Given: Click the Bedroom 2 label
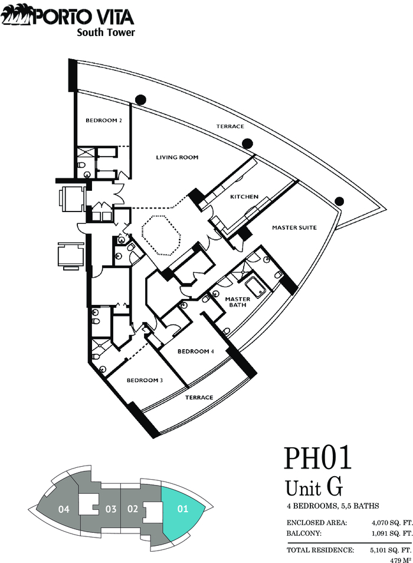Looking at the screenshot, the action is point(104,121).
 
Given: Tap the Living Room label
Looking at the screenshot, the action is point(177,157).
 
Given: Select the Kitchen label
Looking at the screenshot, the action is point(244,197).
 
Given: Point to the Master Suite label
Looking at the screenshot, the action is point(294,227).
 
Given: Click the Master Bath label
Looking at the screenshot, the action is point(238,302).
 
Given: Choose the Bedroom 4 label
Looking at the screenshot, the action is point(196,352).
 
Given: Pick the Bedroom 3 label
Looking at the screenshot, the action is point(145,380).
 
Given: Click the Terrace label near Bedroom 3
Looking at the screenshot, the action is point(199,398).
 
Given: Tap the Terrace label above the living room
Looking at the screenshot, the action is point(230,126).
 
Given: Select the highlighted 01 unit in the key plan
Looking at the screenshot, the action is point(182,509).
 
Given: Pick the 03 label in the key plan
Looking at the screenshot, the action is point(111,509).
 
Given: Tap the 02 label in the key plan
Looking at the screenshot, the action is point(133,509).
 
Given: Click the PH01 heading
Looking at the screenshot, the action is point(317,458).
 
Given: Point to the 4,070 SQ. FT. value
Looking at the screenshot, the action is point(392,523).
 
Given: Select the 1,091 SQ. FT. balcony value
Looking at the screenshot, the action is point(392,533).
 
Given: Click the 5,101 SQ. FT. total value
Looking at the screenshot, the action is point(391,550).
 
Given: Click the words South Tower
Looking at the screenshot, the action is point(106,32).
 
